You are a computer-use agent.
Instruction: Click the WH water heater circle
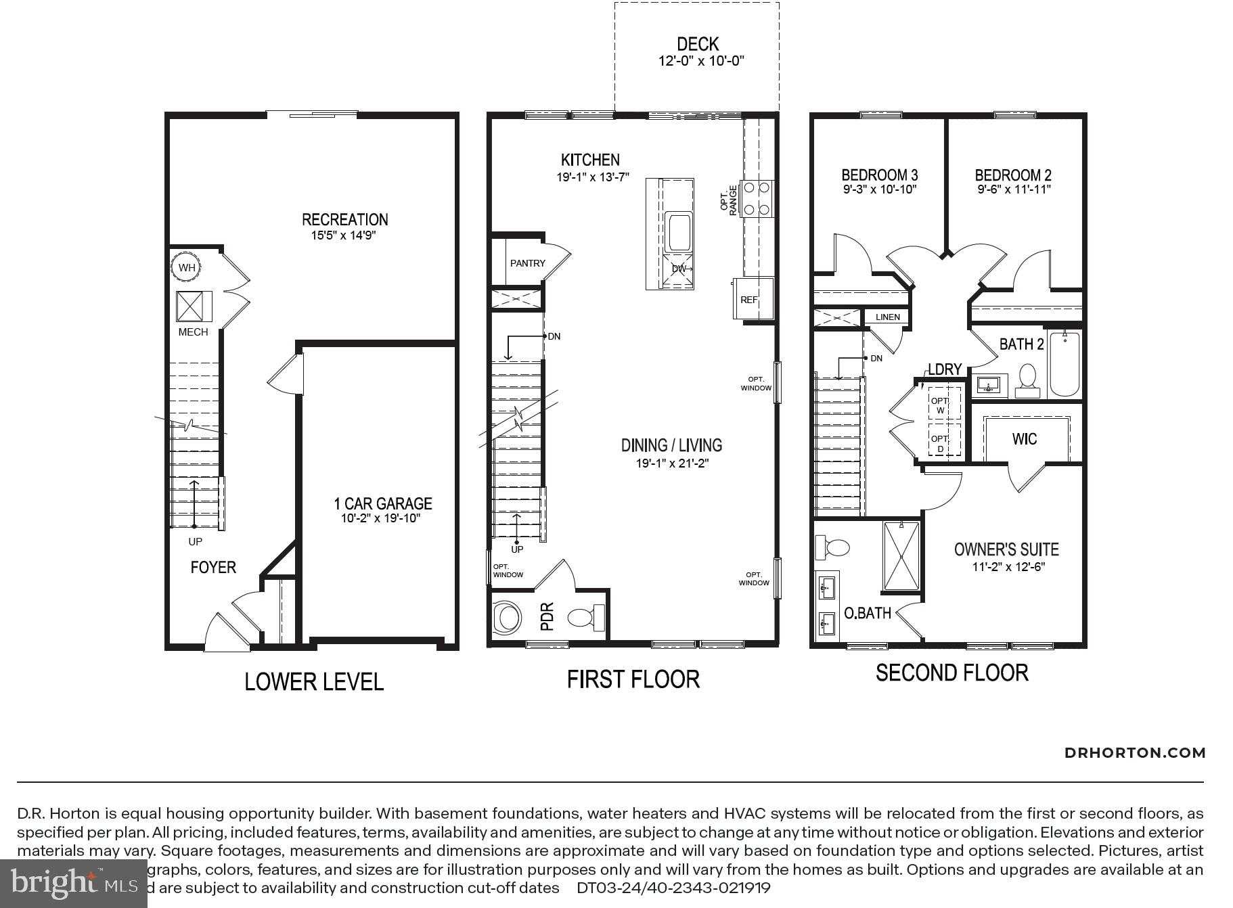[x=186, y=267]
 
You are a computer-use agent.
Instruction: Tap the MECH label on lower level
[x=193, y=332]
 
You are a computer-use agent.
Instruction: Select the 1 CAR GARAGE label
[x=382, y=503]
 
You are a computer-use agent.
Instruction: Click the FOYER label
[x=213, y=567]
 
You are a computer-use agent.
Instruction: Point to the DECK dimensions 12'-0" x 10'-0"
[x=701, y=61]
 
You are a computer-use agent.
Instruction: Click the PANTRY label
[x=527, y=263]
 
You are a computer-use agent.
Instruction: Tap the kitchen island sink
[x=677, y=232]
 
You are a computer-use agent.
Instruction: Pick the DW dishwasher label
[x=679, y=269]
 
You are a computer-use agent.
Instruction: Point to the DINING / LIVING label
[x=671, y=445]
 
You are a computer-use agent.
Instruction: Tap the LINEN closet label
[x=887, y=317]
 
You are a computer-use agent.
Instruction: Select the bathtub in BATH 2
[x=1064, y=363]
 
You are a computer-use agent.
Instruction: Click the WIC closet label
[x=1024, y=439]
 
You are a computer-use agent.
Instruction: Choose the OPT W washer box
[x=940, y=405]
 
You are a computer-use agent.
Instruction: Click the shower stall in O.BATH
[x=901, y=556]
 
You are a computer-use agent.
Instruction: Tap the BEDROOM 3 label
[x=879, y=175]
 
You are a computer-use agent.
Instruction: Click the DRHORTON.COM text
[x=1134, y=752]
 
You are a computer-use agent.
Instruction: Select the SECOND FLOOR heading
[x=951, y=673]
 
